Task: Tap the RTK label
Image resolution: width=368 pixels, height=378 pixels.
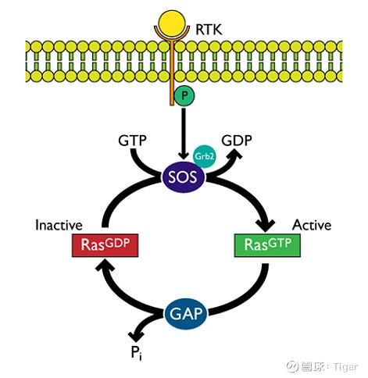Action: click(x=209, y=29)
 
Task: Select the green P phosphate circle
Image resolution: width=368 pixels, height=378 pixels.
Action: click(x=184, y=96)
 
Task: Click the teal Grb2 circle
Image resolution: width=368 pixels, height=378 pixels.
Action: click(x=205, y=156)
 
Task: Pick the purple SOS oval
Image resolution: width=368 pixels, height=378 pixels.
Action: click(x=184, y=177)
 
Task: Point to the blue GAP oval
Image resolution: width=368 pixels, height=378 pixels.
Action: click(x=186, y=313)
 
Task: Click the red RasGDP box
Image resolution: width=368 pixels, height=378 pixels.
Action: click(x=105, y=245)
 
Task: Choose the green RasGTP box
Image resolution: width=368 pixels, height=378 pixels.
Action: click(x=267, y=245)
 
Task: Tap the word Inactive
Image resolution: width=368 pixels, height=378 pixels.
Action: click(x=59, y=225)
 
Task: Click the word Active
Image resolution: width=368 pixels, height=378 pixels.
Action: click(x=312, y=225)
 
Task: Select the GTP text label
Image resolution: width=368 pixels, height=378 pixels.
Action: click(x=132, y=141)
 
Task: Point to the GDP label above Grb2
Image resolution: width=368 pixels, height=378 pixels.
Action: click(x=237, y=141)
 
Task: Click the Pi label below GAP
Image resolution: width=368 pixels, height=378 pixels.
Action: click(x=136, y=354)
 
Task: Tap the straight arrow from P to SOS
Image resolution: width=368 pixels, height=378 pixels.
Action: click(x=184, y=134)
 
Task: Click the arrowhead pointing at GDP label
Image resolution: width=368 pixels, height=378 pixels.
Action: click(x=235, y=155)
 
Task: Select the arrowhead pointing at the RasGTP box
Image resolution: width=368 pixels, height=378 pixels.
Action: click(x=266, y=226)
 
